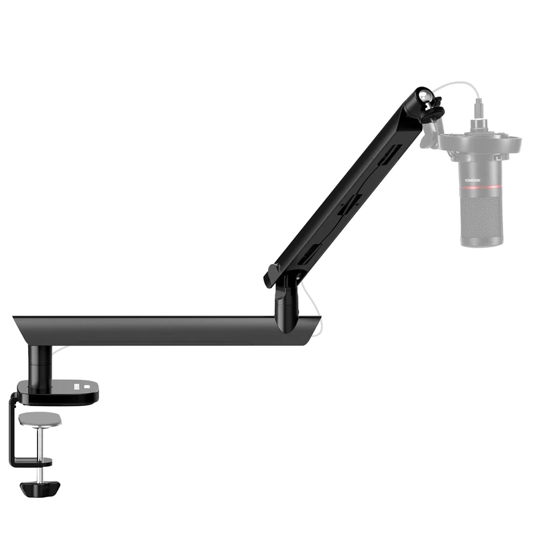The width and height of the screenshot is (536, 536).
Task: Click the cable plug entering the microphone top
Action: [x=478, y=108]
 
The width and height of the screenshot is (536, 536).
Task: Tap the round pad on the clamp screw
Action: [x=40, y=419]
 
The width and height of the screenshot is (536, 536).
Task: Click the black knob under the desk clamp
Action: [x=40, y=488]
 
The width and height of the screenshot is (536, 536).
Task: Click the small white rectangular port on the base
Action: [x=86, y=386]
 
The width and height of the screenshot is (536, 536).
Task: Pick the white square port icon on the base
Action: [x=76, y=387]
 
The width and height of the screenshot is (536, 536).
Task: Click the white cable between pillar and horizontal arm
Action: [x=60, y=350]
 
